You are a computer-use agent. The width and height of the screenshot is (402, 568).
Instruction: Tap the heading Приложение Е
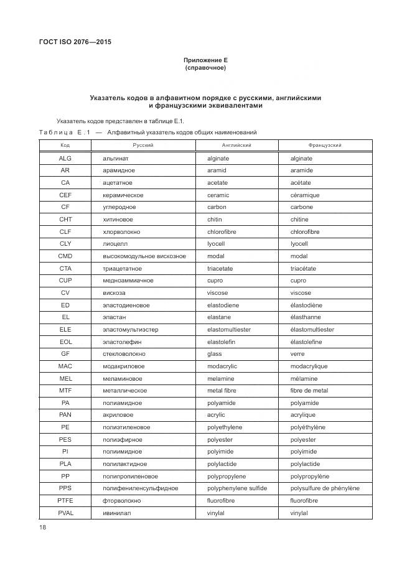pyautogui.click(x=205, y=60)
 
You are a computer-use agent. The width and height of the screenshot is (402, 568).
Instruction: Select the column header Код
pyautogui.click(x=65, y=145)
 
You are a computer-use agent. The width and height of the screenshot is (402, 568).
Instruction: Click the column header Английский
pyautogui.click(x=236, y=145)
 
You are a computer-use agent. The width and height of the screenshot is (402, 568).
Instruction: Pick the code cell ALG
pyautogui.click(x=65, y=159)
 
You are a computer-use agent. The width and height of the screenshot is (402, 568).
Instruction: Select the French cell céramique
pyautogui.click(x=305, y=195)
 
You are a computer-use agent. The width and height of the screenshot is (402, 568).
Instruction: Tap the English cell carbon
pyautogui.click(x=217, y=207)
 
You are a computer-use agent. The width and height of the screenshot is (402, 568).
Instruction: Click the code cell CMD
pyautogui.click(x=65, y=256)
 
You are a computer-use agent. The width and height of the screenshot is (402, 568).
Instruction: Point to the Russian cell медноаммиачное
pyautogui.click(x=128, y=281)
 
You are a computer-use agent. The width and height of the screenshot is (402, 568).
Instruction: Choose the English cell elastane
pyautogui.click(x=219, y=317)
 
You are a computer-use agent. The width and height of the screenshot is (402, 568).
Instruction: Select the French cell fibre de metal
pyautogui.click(x=309, y=391)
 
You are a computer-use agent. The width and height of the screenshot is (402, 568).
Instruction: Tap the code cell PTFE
pyautogui.click(x=65, y=501)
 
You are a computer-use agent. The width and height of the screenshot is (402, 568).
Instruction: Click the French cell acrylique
pyautogui.click(x=303, y=415)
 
